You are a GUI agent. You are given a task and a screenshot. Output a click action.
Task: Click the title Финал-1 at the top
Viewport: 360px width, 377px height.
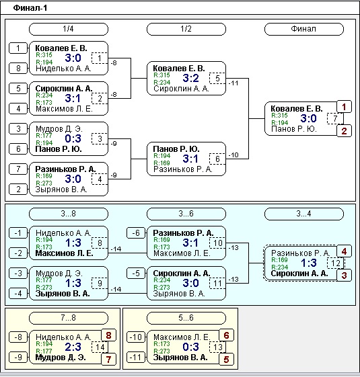pos(30,8)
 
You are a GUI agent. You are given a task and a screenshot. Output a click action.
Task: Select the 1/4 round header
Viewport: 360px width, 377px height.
pos(69,29)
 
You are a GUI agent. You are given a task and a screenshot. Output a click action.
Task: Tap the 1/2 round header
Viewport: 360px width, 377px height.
pos(186,29)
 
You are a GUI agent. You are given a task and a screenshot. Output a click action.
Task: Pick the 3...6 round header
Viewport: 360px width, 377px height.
pos(186,214)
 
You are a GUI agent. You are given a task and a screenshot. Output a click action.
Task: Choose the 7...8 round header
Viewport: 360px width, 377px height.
pos(69,318)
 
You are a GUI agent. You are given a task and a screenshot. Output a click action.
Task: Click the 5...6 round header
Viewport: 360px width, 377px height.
pos(186,318)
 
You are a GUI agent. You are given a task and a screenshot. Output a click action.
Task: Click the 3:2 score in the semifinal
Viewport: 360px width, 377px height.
pos(190,78)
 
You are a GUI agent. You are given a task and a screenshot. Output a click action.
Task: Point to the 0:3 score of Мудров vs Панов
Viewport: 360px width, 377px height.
pos(73,138)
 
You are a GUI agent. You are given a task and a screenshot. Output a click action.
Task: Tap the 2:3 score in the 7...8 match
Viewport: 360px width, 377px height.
pos(73,347)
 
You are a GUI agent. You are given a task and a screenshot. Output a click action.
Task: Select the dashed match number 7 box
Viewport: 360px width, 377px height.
pos(335,118)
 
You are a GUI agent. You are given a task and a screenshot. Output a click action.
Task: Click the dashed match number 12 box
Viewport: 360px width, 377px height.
pos(335,263)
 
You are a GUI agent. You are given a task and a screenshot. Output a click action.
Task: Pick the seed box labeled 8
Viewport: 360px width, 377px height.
pos(18,69)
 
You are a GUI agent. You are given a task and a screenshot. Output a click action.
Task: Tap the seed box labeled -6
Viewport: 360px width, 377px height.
pos(136,233)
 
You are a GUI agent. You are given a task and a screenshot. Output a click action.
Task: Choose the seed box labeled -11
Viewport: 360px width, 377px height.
pos(136,357)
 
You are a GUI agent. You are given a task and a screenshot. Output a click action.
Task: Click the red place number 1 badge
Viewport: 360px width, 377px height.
pos(344,107)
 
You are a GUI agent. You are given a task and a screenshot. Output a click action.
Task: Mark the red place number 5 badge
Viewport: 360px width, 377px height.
pos(226,360)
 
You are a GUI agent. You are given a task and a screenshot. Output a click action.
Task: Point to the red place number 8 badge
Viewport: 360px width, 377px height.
pos(108,335)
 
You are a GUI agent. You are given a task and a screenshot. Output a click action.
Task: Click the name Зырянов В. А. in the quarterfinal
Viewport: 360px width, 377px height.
pos(61,190)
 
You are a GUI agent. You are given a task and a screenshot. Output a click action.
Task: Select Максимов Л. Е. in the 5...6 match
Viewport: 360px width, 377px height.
pos(182,337)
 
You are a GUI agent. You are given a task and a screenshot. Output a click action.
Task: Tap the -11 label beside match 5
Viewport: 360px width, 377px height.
pos(233,83)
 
